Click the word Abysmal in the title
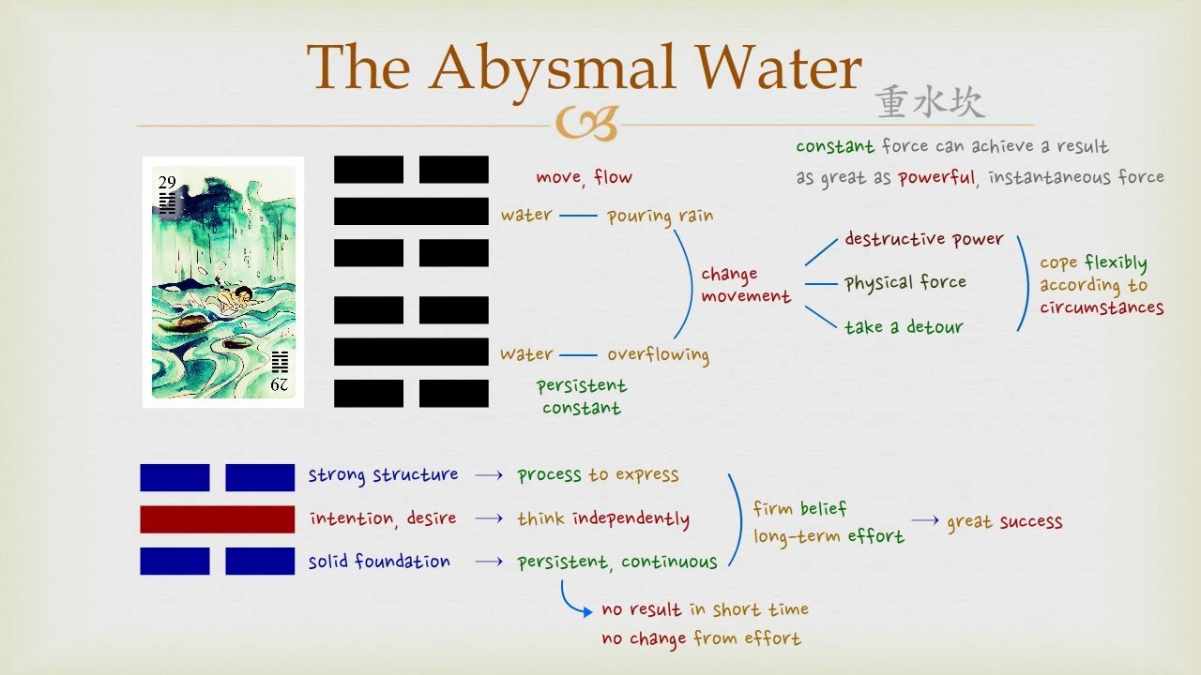click(x=552, y=70)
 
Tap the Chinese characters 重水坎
click(x=930, y=102)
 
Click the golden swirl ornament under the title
click(x=587, y=123)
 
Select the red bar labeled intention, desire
click(x=217, y=519)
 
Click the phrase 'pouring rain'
click(x=660, y=217)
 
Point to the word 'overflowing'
click(x=658, y=354)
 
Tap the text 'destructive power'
click(x=924, y=239)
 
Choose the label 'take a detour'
click(x=904, y=326)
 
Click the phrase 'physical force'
click(x=905, y=283)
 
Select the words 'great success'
click(x=1004, y=521)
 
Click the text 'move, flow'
click(x=584, y=177)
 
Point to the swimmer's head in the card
click(x=245, y=293)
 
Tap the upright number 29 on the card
click(x=167, y=182)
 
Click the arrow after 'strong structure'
click(x=489, y=475)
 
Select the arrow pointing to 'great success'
click(x=925, y=520)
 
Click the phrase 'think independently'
click(x=603, y=519)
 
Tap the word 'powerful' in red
click(x=936, y=177)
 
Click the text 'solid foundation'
click(x=379, y=562)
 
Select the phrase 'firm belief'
click(x=800, y=508)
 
